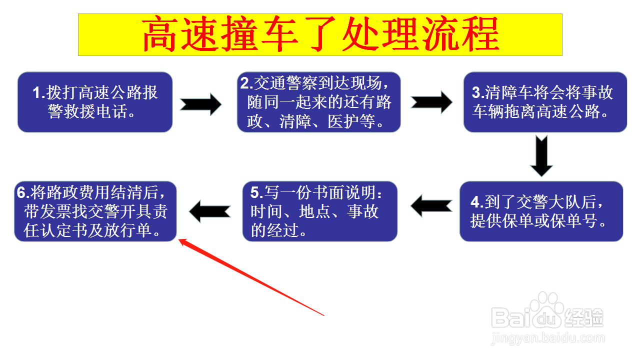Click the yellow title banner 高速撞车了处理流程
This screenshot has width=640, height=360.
[320, 34]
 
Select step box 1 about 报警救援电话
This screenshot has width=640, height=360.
[95, 102]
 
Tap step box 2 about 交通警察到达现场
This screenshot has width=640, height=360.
[319, 102]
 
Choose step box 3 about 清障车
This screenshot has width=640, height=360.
[545, 102]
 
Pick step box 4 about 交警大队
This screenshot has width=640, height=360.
[541, 211]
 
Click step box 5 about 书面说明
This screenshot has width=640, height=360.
[319, 211]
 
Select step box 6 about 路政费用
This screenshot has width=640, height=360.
[95, 211]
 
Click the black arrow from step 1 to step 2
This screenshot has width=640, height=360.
[200, 104]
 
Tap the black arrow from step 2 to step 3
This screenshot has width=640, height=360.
[431, 102]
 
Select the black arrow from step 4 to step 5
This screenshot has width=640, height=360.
[430, 205]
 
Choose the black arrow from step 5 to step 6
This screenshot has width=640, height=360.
[209, 210]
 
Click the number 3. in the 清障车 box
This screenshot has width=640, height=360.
[478, 93]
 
